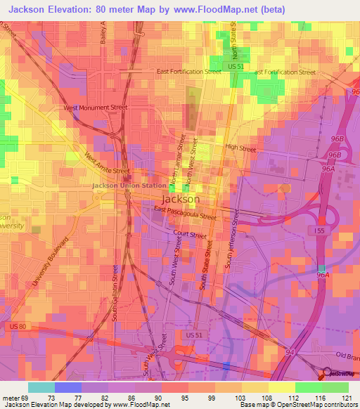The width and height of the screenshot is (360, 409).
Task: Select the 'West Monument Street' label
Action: click(x=96, y=108)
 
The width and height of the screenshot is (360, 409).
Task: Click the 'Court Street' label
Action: click(x=191, y=235)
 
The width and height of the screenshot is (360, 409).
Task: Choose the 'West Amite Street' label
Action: click(x=107, y=164)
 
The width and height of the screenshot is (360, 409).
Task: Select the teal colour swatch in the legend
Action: click(x=41, y=387)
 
